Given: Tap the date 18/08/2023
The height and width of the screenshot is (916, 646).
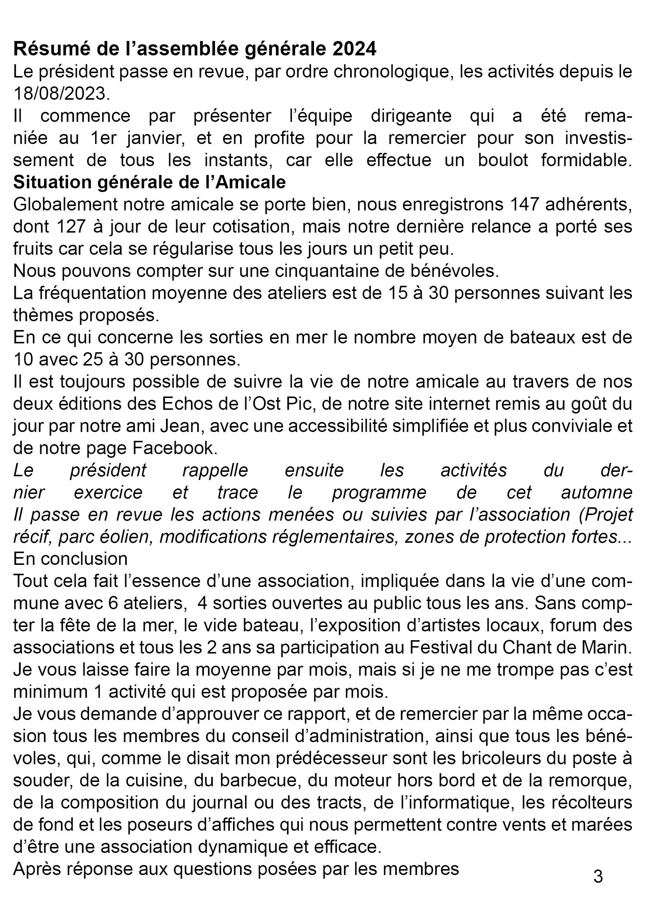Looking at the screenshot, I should (x=61, y=94).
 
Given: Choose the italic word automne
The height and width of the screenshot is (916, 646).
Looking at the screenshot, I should (x=597, y=492).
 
